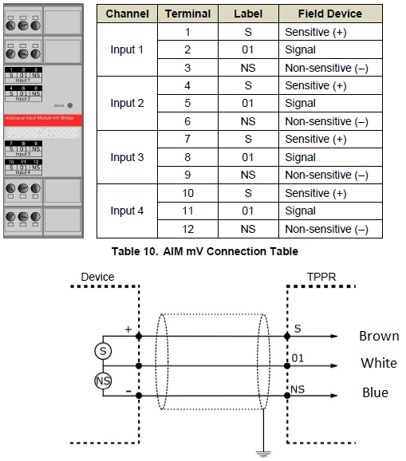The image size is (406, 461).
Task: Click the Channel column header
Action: point(127,14)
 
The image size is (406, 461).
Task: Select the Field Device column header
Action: point(329,14)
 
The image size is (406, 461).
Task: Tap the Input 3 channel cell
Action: point(127,157)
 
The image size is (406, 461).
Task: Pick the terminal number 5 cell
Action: point(187,103)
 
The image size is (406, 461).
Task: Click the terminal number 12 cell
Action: point(187,229)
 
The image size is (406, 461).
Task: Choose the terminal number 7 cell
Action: point(187,139)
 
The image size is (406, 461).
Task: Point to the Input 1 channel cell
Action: point(127,49)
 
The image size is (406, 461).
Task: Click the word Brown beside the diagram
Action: point(379,336)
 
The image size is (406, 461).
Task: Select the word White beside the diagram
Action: point(379,363)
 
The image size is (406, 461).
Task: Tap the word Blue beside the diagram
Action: point(375,392)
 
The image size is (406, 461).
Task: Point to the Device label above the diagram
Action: point(97,277)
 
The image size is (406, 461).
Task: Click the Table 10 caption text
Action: point(205,252)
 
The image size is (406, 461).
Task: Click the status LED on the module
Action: point(70,104)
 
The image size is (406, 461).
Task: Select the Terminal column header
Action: point(187,14)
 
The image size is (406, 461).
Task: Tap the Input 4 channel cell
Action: point(127,211)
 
